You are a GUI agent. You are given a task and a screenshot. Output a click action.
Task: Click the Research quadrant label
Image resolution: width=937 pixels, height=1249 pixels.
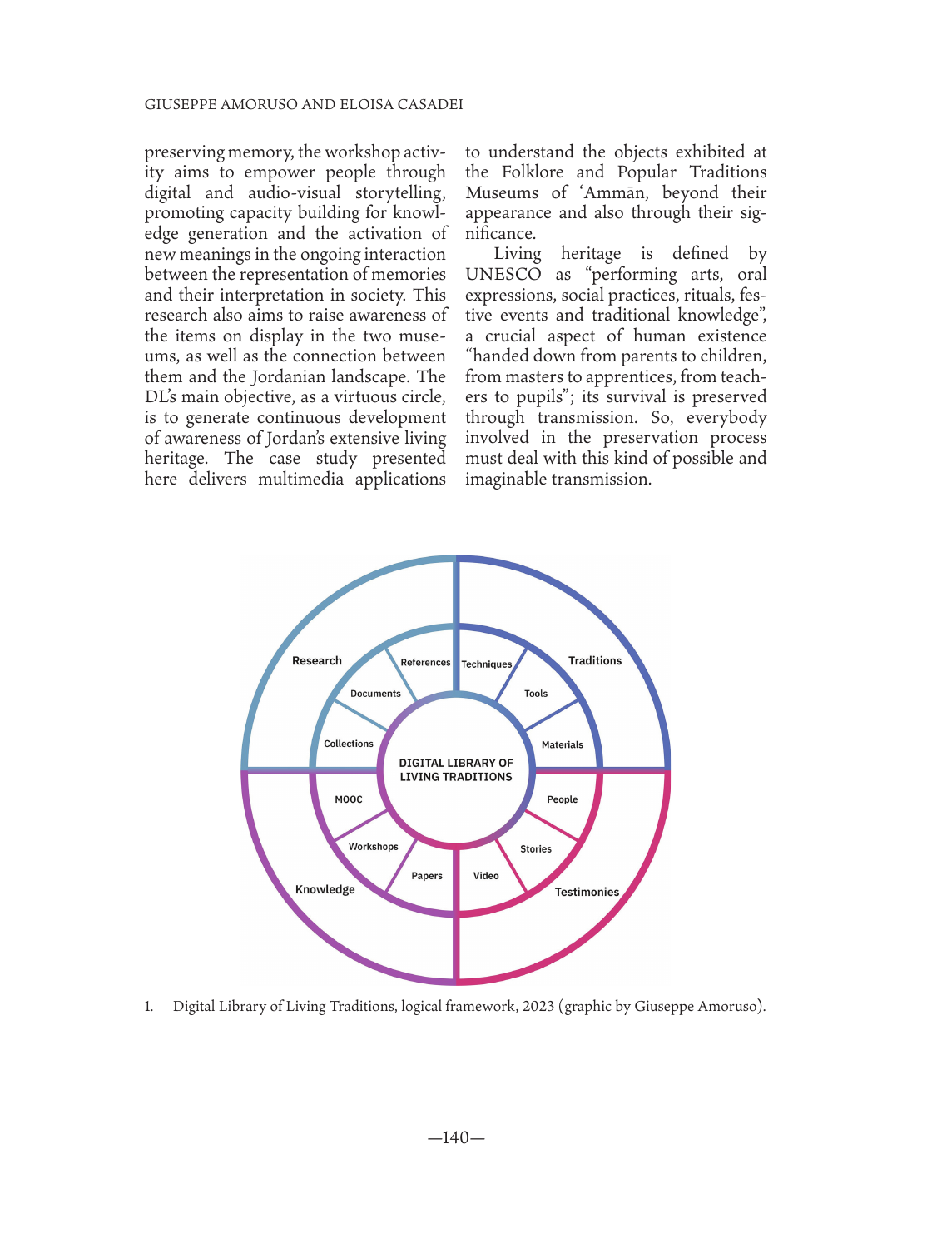(x=317, y=661)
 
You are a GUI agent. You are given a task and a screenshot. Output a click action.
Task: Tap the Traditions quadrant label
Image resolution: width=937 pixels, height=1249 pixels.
(x=595, y=661)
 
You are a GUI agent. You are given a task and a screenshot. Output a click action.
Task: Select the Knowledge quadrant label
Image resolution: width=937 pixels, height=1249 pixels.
(x=325, y=890)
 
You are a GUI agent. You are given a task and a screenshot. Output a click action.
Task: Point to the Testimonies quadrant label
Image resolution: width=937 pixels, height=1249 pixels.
(x=587, y=893)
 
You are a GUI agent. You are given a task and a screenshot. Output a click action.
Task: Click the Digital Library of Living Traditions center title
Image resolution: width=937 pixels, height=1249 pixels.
(x=456, y=770)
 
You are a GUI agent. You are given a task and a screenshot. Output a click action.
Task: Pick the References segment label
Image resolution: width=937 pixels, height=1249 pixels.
(x=425, y=663)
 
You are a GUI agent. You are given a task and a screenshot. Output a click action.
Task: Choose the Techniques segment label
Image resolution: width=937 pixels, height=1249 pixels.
(x=487, y=664)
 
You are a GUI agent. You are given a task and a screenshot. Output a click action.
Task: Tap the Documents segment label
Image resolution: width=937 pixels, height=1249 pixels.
(x=375, y=694)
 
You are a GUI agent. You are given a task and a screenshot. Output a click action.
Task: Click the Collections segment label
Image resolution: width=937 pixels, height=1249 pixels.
(x=349, y=744)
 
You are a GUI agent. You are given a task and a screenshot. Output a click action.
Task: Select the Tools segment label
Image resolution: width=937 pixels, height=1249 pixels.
(x=536, y=694)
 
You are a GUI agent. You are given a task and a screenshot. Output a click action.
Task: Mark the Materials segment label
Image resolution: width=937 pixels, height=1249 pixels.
(x=563, y=745)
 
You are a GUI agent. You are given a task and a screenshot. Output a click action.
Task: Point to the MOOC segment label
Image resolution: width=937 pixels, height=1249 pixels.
(x=349, y=800)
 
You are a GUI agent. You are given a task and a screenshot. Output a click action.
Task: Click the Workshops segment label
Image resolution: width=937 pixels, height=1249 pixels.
(x=374, y=848)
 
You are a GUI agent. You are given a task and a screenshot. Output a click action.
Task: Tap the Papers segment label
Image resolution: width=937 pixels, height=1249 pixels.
(x=427, y=876)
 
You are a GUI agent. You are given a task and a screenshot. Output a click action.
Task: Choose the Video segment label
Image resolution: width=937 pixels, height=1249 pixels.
(x=486, y=876)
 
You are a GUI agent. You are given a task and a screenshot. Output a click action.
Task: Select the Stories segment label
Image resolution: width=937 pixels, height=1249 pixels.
(x=536, y=849)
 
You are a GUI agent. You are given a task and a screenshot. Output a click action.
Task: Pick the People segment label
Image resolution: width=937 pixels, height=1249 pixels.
(x=563, y=800)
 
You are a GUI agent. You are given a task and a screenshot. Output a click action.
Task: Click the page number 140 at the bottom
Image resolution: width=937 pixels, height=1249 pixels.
(x=456, y=1138)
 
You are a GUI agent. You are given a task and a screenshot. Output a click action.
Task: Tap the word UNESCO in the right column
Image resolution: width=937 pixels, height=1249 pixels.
(x=503, y=275)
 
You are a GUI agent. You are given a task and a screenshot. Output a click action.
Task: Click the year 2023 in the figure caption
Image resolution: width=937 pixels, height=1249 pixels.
(x=538, y=1007)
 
